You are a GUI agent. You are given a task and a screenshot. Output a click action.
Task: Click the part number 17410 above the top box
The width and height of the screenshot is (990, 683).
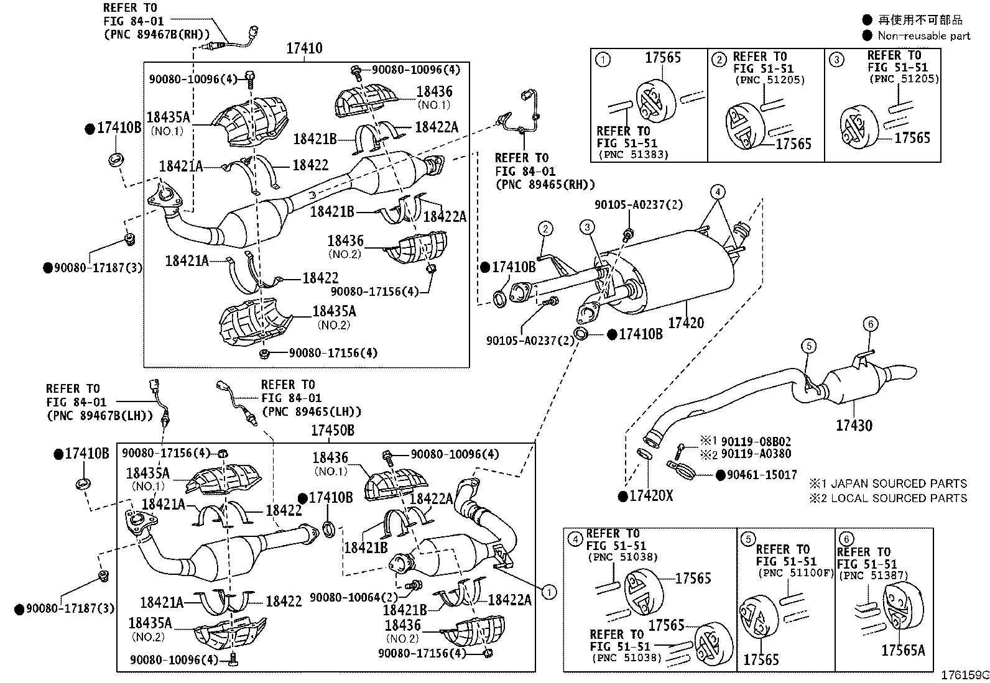pyautogui.click(x=304, y=48)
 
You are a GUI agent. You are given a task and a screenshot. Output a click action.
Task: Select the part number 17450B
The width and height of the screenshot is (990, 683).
pyautogui.click(x=333, y=430)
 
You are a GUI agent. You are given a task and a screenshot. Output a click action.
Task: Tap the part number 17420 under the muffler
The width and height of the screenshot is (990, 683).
pyautogui.click(x=686, y=323)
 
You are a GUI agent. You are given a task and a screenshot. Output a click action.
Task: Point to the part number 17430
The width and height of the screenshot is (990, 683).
pyautogui.click(x=854, y=426)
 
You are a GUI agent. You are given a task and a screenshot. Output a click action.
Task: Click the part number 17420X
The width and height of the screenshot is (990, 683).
pyautogui.click(x=651, y=496)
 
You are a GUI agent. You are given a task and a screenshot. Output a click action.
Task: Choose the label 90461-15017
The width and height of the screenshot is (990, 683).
pyautogui.click(x=762, y=475)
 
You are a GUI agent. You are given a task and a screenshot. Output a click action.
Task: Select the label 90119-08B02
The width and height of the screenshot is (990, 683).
pyautogui.click(x=756, y=442)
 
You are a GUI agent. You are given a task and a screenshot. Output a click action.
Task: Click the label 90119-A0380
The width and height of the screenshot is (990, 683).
pyautogui.click(x=756, y=454)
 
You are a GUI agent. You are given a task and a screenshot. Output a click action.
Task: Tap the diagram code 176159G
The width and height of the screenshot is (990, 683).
pyautogui.click(x=965, y=676)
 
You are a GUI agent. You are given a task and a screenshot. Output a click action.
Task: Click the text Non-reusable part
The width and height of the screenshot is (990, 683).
pyautogui.click(x=923, y=36)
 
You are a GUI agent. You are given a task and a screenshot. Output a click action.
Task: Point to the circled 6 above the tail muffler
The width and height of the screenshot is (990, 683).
pyautogui.click(x=870, y=324)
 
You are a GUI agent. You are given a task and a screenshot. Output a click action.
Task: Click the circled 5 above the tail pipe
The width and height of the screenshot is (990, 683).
pyautogui.click(x=809, y=346)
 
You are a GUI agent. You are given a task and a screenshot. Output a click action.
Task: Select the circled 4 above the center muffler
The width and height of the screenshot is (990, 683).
pyautogui.click(x=718, y=192)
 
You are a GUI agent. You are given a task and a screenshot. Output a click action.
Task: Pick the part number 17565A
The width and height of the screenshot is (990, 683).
pyautogui.click(x=903, y=650)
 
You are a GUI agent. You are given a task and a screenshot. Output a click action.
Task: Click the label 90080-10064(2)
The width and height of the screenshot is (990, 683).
pyautogui.click(x=354, y=597)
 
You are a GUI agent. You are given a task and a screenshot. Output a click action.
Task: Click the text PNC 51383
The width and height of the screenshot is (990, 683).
pyautogui.click(x=633, y=155)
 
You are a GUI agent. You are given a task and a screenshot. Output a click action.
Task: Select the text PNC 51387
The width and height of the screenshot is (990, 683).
pyautogui.click(x=874, y=575)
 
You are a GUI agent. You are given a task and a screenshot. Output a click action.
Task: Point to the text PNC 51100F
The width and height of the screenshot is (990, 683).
pyautogui.click(x=796, y=573)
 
